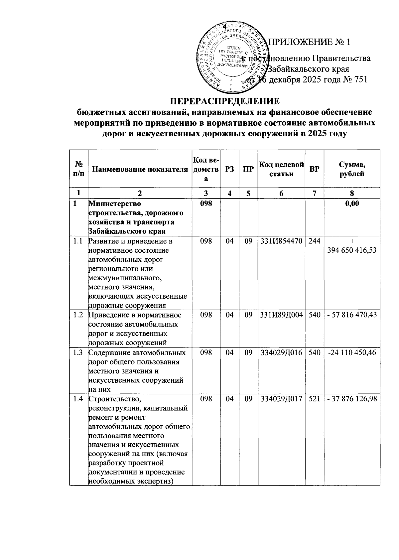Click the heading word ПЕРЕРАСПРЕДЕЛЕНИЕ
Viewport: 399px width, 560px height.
[225, 101]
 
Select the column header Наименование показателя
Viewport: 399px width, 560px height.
[140, 169]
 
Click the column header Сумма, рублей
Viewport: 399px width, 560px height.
[352, 169]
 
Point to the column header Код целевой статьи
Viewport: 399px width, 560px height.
[281, 169]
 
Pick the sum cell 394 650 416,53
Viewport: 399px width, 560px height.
[352, 250]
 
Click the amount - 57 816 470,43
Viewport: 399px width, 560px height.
[352, 315]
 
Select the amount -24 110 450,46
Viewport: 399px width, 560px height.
[352, 352]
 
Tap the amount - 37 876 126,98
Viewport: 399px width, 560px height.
[352, 398]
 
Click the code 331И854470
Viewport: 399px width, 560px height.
[281, 241]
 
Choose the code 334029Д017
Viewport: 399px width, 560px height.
[281, 398]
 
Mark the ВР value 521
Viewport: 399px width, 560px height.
[314, 398]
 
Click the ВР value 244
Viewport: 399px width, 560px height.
[314, 241]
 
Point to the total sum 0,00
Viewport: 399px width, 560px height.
[352, 204]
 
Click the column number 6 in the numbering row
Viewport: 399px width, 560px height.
[281, 193]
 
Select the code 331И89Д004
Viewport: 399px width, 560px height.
[281, 315]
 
